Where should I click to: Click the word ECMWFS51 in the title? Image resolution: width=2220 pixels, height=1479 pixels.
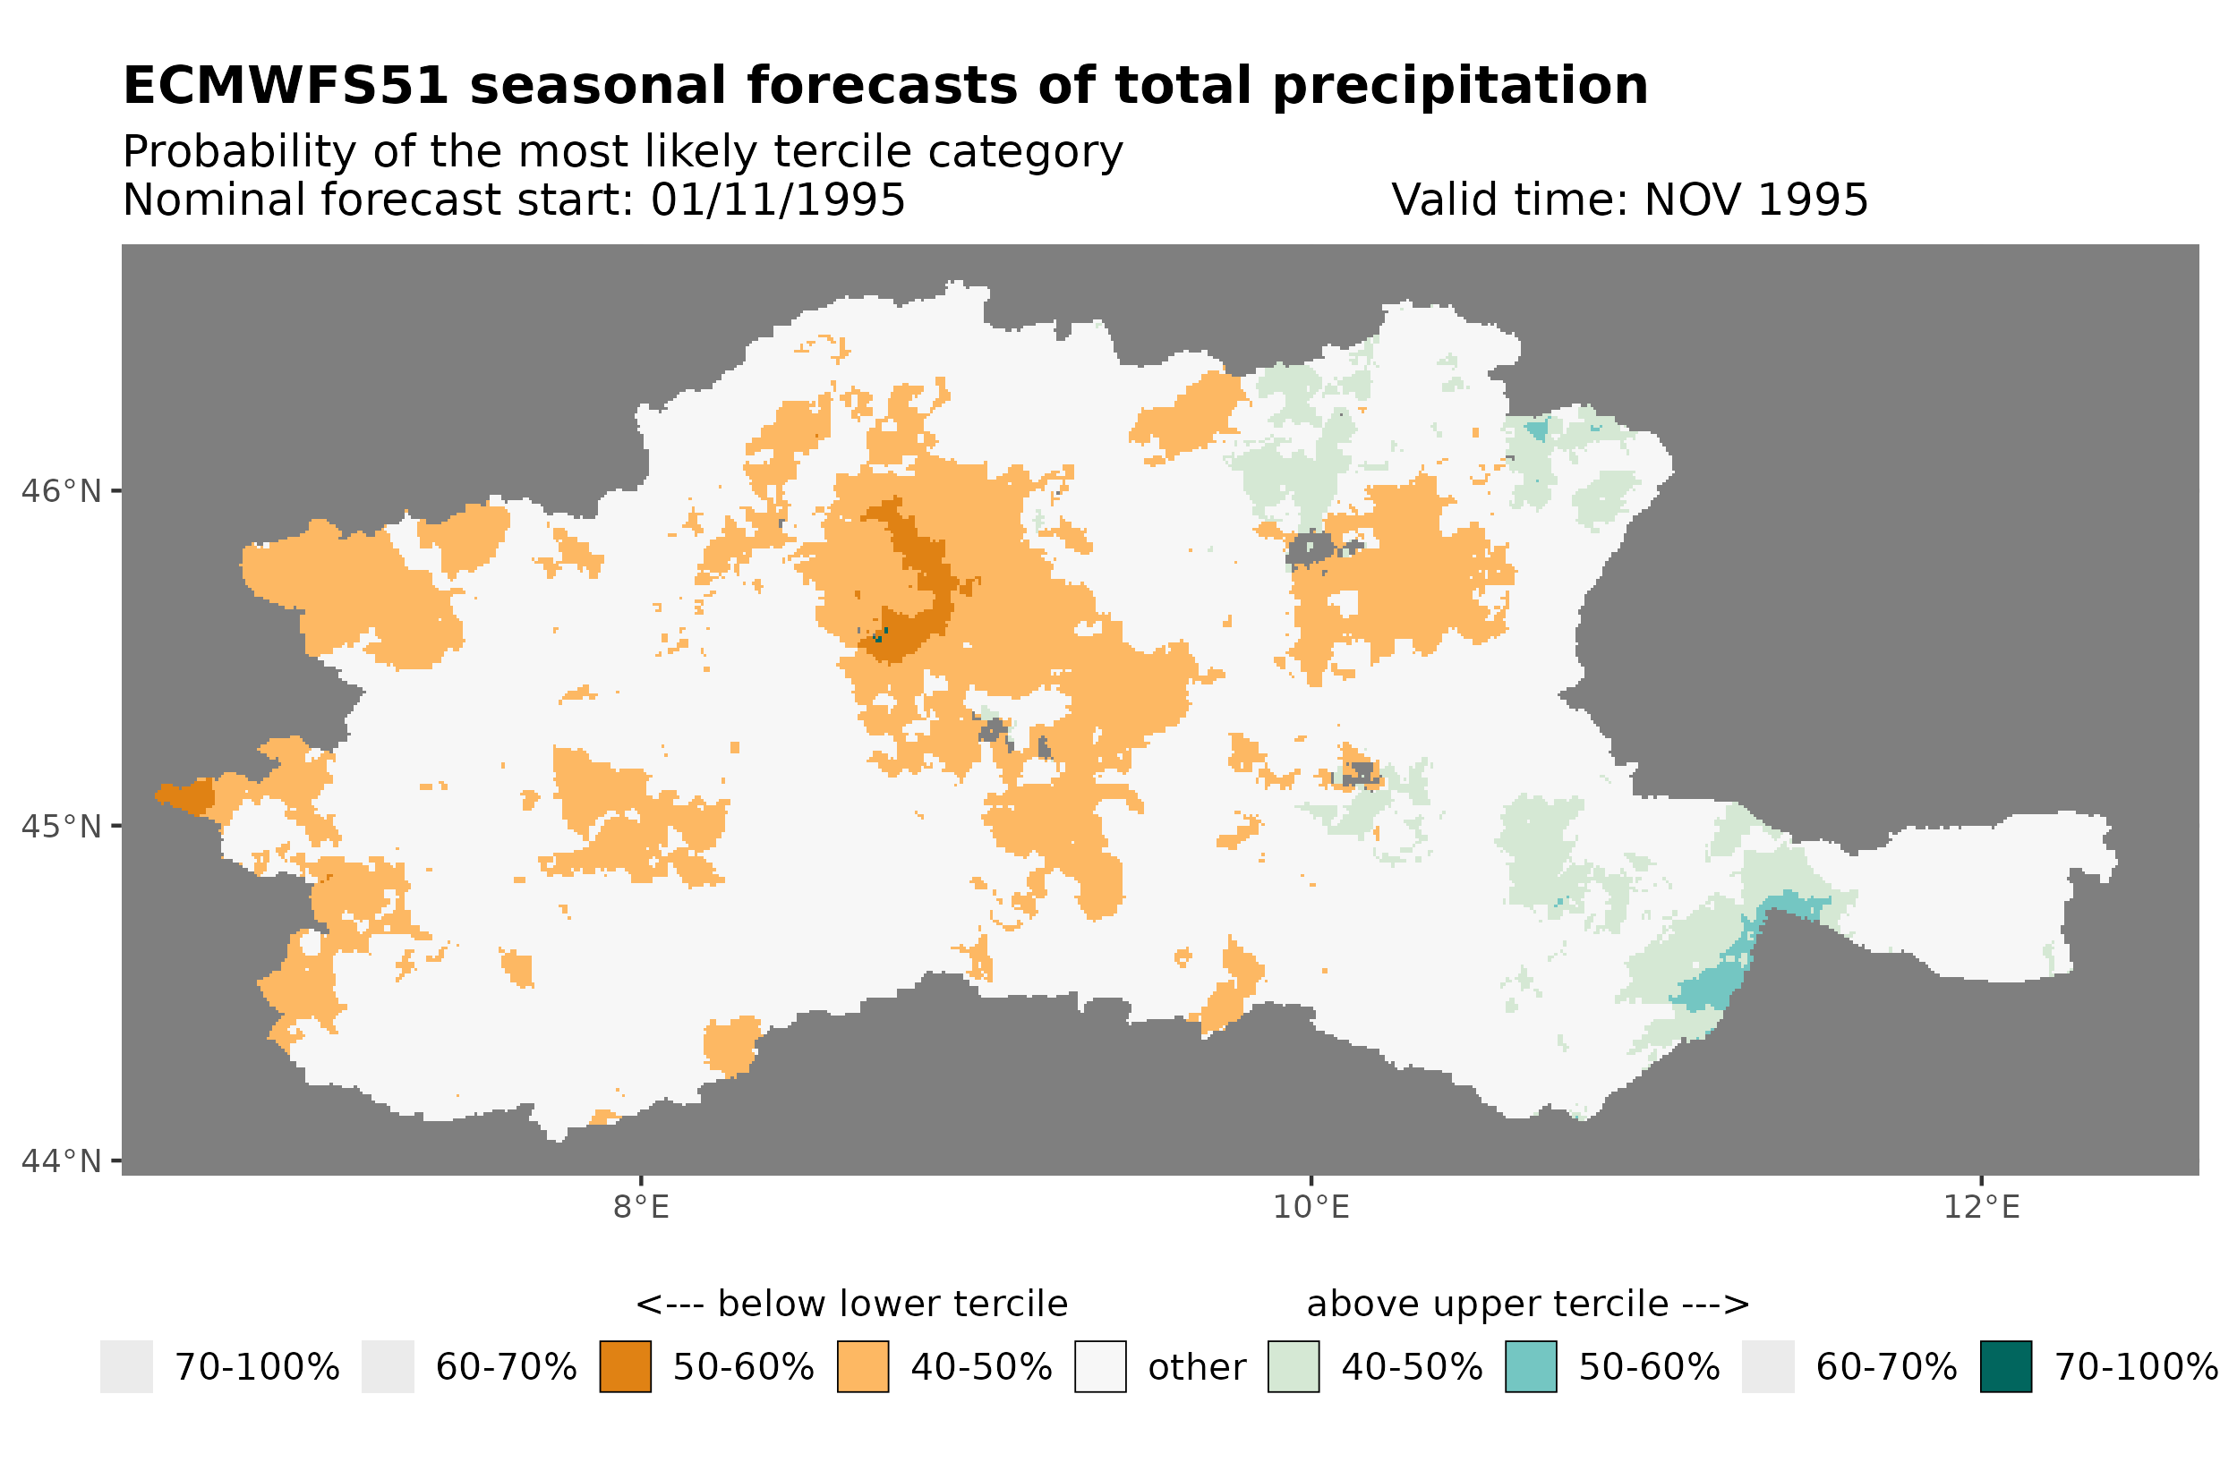coord(285,86)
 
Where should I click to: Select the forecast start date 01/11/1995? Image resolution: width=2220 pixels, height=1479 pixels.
coord(777,200)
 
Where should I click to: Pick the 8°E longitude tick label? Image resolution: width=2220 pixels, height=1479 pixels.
coord(641,1207)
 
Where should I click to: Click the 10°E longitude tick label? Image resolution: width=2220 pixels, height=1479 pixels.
coord(1311,1207)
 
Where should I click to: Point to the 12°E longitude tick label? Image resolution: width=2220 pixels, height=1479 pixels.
coord(1980,1207)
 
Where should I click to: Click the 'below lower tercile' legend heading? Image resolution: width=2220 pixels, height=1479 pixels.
coord(851,1305)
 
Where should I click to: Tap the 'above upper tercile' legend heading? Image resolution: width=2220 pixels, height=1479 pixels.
coord(1527,1305)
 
